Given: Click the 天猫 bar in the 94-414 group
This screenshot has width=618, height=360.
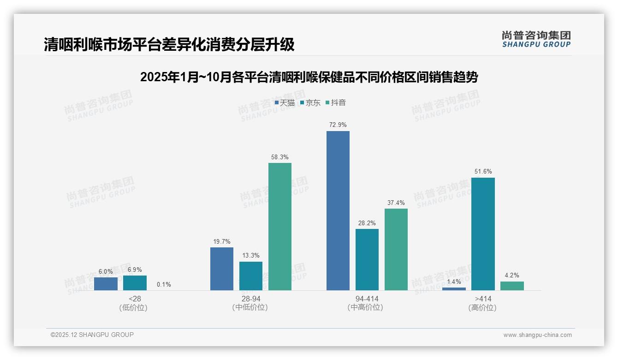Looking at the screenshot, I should [x=338, y=210].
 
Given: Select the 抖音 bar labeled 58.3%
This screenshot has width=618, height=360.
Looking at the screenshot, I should [x=280, y=226].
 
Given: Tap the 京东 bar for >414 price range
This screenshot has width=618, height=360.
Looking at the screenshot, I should [x=483, y=234].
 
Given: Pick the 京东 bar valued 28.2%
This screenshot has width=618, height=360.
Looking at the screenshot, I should [x=367, y=259].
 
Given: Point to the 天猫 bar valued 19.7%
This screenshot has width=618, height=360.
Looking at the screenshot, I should [x=222, y=269].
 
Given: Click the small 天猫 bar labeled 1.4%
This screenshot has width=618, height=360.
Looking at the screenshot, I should [x=454, y=289].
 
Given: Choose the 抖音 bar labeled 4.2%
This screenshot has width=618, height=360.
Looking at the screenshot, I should [x=512, y=286].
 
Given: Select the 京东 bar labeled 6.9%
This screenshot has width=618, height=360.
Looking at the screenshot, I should [x=135, y=283].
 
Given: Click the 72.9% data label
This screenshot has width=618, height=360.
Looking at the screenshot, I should [x=338, y=125].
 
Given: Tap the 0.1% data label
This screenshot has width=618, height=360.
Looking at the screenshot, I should [x=164, y=284].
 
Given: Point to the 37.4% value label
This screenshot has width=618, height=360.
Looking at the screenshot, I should [x=396, y=203].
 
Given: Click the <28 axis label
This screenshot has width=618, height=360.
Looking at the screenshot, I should [x=135, y=299].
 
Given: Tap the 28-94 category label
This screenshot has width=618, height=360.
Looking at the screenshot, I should [x=250, y=299].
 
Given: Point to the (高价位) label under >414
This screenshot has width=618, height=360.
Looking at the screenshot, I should [x=482, y=307].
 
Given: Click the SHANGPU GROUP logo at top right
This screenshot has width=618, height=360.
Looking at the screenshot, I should [x=536, y=39].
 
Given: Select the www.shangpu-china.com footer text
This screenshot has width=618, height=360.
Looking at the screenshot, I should [x=537, y=335].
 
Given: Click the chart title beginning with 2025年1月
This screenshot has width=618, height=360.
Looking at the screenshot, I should [x=309, y=77].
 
